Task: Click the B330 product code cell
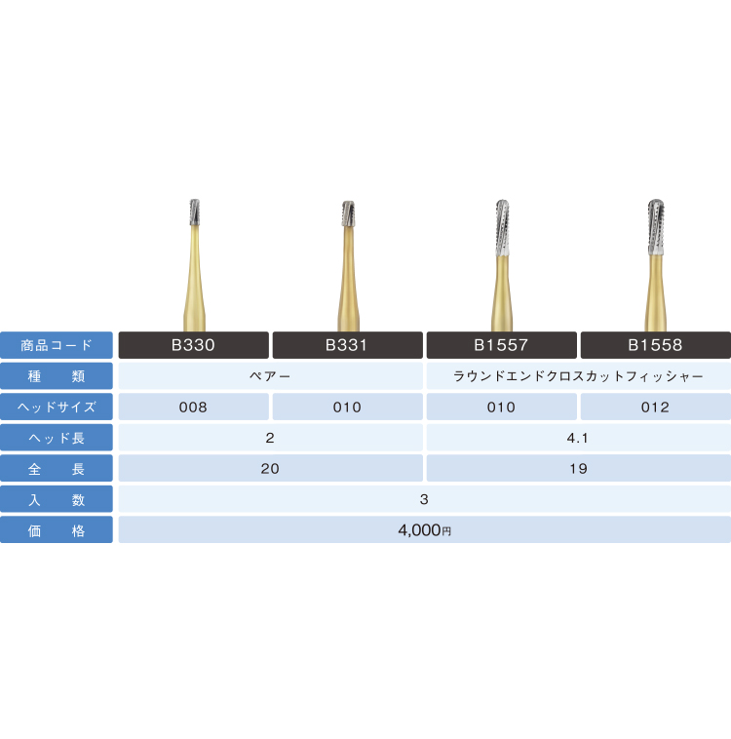point(193,345)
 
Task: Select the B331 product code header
point(347,345)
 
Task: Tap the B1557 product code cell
point(502,345)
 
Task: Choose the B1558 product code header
point(656,345)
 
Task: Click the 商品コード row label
point(57,345)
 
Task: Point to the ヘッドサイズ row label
point(57,407)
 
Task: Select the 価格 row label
point(57,529)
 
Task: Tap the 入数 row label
point(57,499)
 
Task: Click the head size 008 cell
point(193,407)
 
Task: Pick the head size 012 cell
point(656,407)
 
